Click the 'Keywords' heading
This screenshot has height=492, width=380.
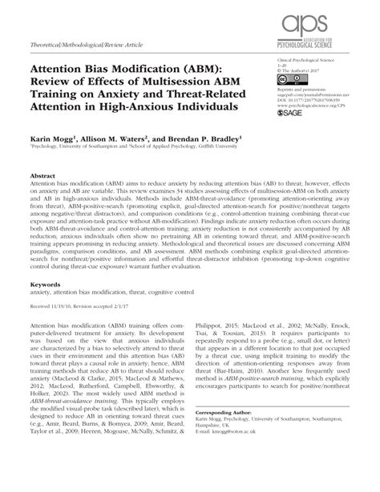[46, 283]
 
